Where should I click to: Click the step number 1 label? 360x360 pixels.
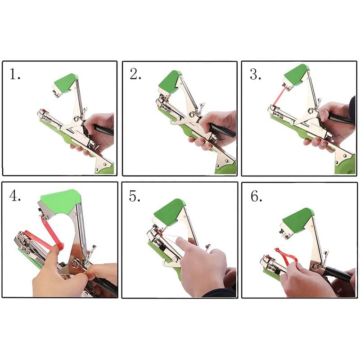pyautogui.click(x=15, y=74)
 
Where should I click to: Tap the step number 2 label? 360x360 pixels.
pyautogui.click(x=135, y=74)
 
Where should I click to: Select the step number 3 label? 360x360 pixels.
pyautogui.click(x=255, y=74)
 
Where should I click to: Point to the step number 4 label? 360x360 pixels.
pyautogui.click(x=15, y=196)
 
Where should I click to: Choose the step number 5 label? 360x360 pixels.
pyautogui.click(x=135, y=196)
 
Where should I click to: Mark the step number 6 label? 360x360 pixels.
pyautogui.click(x=256, y=196)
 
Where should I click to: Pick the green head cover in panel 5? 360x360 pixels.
pyautogui.click(x=170, y=211)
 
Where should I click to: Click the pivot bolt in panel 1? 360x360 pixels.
pyautogui.click(x=76, y=119)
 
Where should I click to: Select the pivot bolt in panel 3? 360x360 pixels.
pyautogui.click(x=311, y=111)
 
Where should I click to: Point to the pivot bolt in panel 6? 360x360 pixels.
pyautogui.click(x=315, y=266)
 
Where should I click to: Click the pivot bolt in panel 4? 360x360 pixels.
pyautogui.click(x=75, y=264)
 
